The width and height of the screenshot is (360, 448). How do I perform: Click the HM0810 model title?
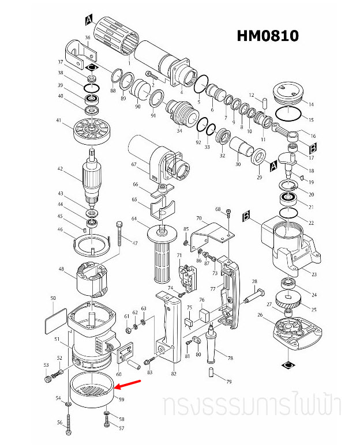[268, 36]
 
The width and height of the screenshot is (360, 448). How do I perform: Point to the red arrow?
[128, 385]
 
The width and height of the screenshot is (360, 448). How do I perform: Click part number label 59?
[122, 400]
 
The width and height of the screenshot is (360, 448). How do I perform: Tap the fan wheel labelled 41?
[92, 131]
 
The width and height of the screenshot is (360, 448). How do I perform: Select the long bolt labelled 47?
[119, 234]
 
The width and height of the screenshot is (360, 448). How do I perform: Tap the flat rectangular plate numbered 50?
[56, 321]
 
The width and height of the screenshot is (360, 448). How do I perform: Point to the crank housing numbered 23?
[291, 245]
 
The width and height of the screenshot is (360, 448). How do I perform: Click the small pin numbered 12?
[265, 103]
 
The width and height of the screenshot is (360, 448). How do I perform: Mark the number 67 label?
[134, 164]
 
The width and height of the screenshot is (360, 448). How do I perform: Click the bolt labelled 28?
[254, 296]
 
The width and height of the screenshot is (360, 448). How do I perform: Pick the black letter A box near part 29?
[273, 166]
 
